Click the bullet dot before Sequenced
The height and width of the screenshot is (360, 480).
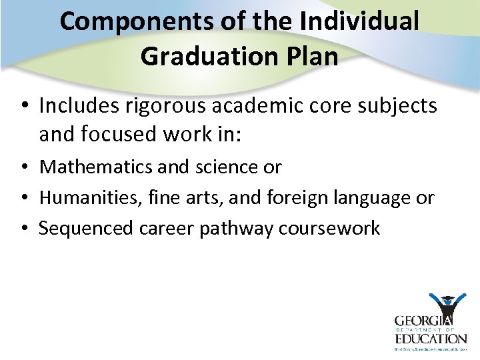tap(24, 229)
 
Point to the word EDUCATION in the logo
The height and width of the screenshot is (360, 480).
tap(429, 339)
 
